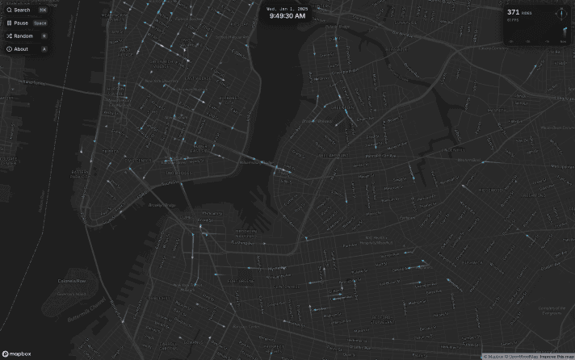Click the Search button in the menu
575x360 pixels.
click(x=19, y=10)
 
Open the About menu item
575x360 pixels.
click(x=17, y=49)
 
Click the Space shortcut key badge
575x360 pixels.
click(x=40, y=23)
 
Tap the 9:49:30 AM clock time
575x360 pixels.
click(x=287, y=15)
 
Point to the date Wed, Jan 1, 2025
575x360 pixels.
click(x=287, y=7)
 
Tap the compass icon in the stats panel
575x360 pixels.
click(x=557, y=14)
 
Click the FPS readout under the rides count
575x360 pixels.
click(x=512, y=20)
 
